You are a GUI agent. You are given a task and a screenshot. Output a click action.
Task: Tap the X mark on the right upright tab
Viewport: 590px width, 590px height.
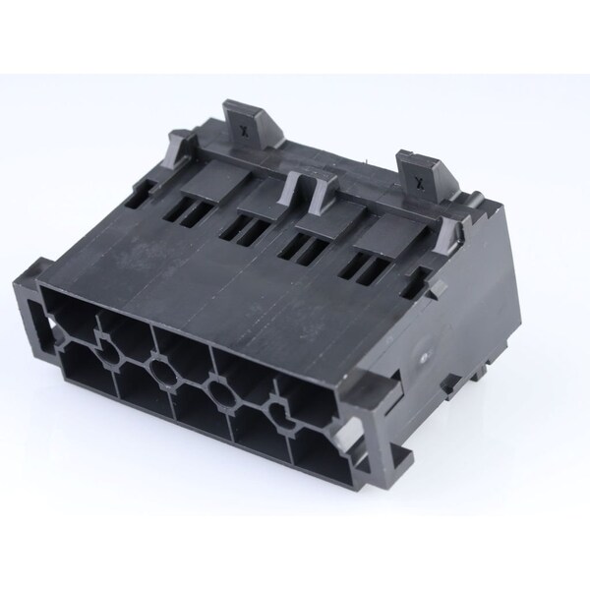(417, 183)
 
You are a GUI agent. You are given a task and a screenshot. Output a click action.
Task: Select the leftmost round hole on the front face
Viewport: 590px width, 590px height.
(108, 354)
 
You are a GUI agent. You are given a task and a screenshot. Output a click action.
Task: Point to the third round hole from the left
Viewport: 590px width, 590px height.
(221, 392)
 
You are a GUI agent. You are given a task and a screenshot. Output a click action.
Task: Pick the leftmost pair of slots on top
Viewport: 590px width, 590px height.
(188, 214)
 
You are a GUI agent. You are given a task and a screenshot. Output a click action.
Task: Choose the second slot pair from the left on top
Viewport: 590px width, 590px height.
(245, 230)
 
